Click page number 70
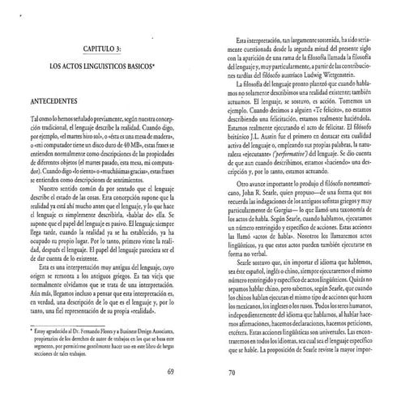(230, 372)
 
